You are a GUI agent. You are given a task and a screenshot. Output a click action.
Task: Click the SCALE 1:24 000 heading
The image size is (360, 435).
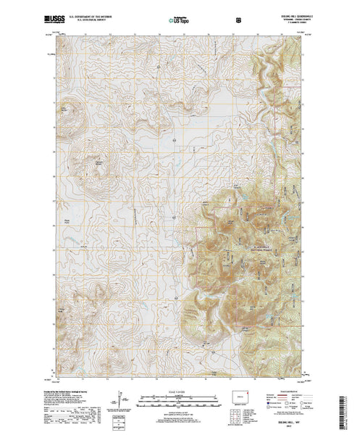[x=175, y=391]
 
